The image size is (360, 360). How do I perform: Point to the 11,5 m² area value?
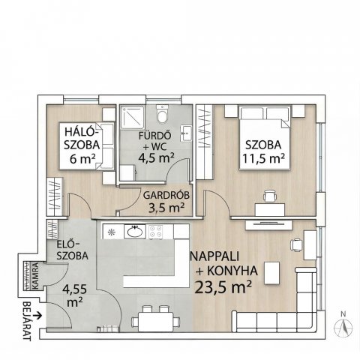pyautogui.click(x=262, y=158)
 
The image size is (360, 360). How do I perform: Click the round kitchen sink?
pyautogui.click(x=136, y=232)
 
